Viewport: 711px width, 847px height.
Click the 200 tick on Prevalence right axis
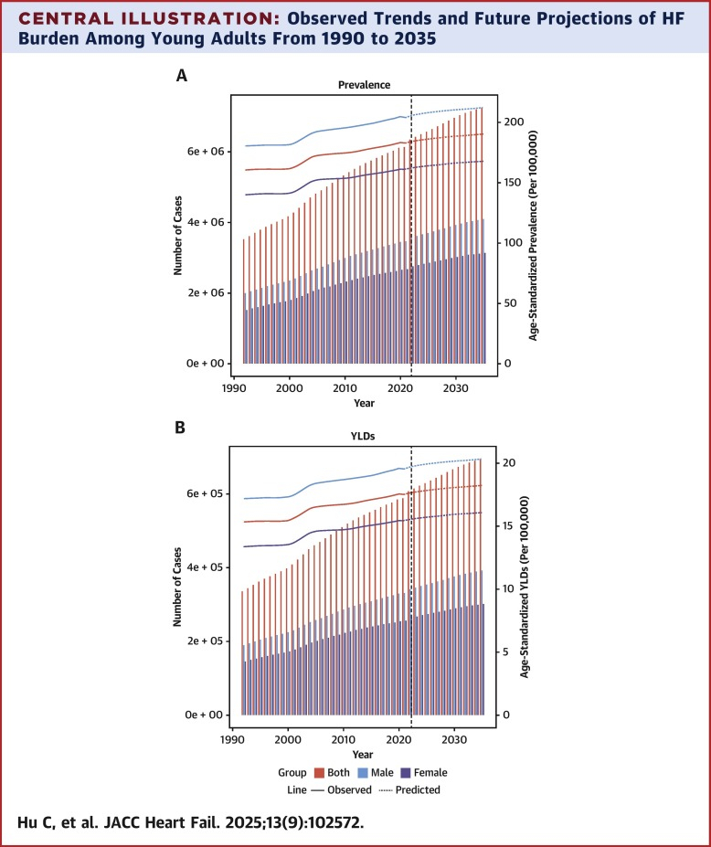click(514, 122)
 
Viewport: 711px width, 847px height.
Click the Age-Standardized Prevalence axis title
click(533, 236)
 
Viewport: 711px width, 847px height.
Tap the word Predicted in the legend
click(419, 789)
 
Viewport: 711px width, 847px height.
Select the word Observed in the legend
click(351, 789)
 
